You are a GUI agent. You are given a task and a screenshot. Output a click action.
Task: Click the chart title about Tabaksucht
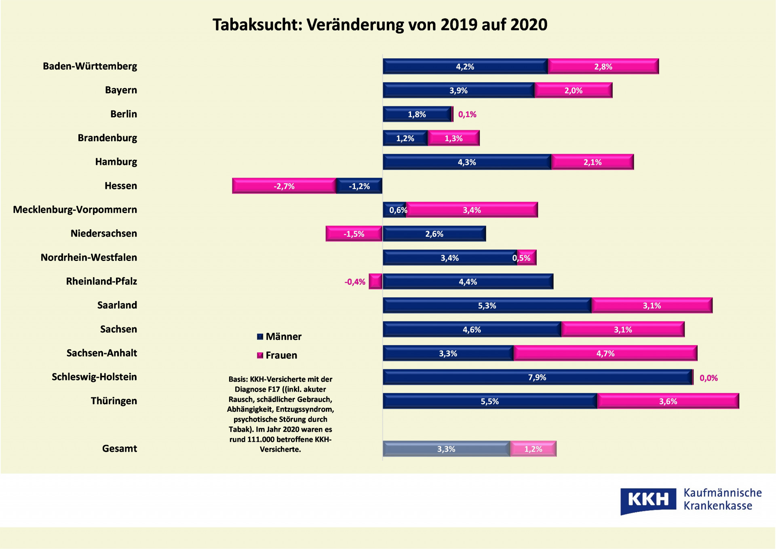coord(380,25)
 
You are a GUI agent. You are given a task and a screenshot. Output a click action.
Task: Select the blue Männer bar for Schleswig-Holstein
coord(538,377)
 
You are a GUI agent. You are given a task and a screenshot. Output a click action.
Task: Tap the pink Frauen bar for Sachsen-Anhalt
coord(605,353)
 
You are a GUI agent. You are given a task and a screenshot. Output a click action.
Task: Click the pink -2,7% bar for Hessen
coord(284,186)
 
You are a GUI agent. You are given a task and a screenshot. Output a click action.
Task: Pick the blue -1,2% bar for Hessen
coord(359,186)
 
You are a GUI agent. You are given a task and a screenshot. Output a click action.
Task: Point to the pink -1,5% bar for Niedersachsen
coord(354,234)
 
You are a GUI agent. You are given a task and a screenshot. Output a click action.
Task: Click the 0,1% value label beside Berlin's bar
coord(467,114)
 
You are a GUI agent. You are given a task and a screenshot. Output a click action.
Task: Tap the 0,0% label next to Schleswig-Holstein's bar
coord(709,378)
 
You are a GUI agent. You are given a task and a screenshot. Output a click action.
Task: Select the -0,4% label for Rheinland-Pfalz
coord(354,282)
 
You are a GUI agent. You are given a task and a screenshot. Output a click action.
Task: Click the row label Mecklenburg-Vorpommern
coord(75,210)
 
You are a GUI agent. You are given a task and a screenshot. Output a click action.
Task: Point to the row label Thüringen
coord(114,401)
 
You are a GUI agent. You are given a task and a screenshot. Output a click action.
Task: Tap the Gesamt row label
coord(120,449)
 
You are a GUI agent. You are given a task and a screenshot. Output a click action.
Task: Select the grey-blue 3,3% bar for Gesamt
coord(446,449)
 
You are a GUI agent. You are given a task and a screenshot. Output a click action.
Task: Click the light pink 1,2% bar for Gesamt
coord(533,449)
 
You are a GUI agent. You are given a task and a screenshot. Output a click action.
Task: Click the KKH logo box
coord(648,500)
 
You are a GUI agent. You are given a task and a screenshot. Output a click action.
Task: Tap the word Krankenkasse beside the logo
coord(718,506)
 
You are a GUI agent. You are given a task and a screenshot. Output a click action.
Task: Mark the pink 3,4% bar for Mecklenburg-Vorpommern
coord(472,210)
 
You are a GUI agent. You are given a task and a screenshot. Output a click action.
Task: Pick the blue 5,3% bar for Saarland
coord(487,305)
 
